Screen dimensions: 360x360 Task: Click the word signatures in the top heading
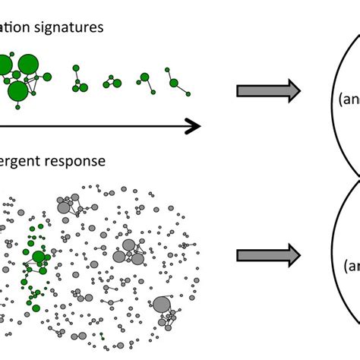click(x=68, y=28)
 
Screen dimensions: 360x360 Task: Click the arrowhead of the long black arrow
click(x=193, y=126)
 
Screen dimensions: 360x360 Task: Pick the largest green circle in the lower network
click(x=39, y=257)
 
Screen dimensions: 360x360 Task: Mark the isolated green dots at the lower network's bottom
click(x=101, y=335)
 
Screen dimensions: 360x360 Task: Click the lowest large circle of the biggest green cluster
click(x=18, y=92)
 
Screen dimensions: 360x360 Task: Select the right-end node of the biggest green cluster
click(x=48, y=77)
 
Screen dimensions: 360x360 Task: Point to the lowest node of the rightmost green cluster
click(x=187, y=94)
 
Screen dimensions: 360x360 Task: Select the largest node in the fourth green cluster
click(x=144, y=77)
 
